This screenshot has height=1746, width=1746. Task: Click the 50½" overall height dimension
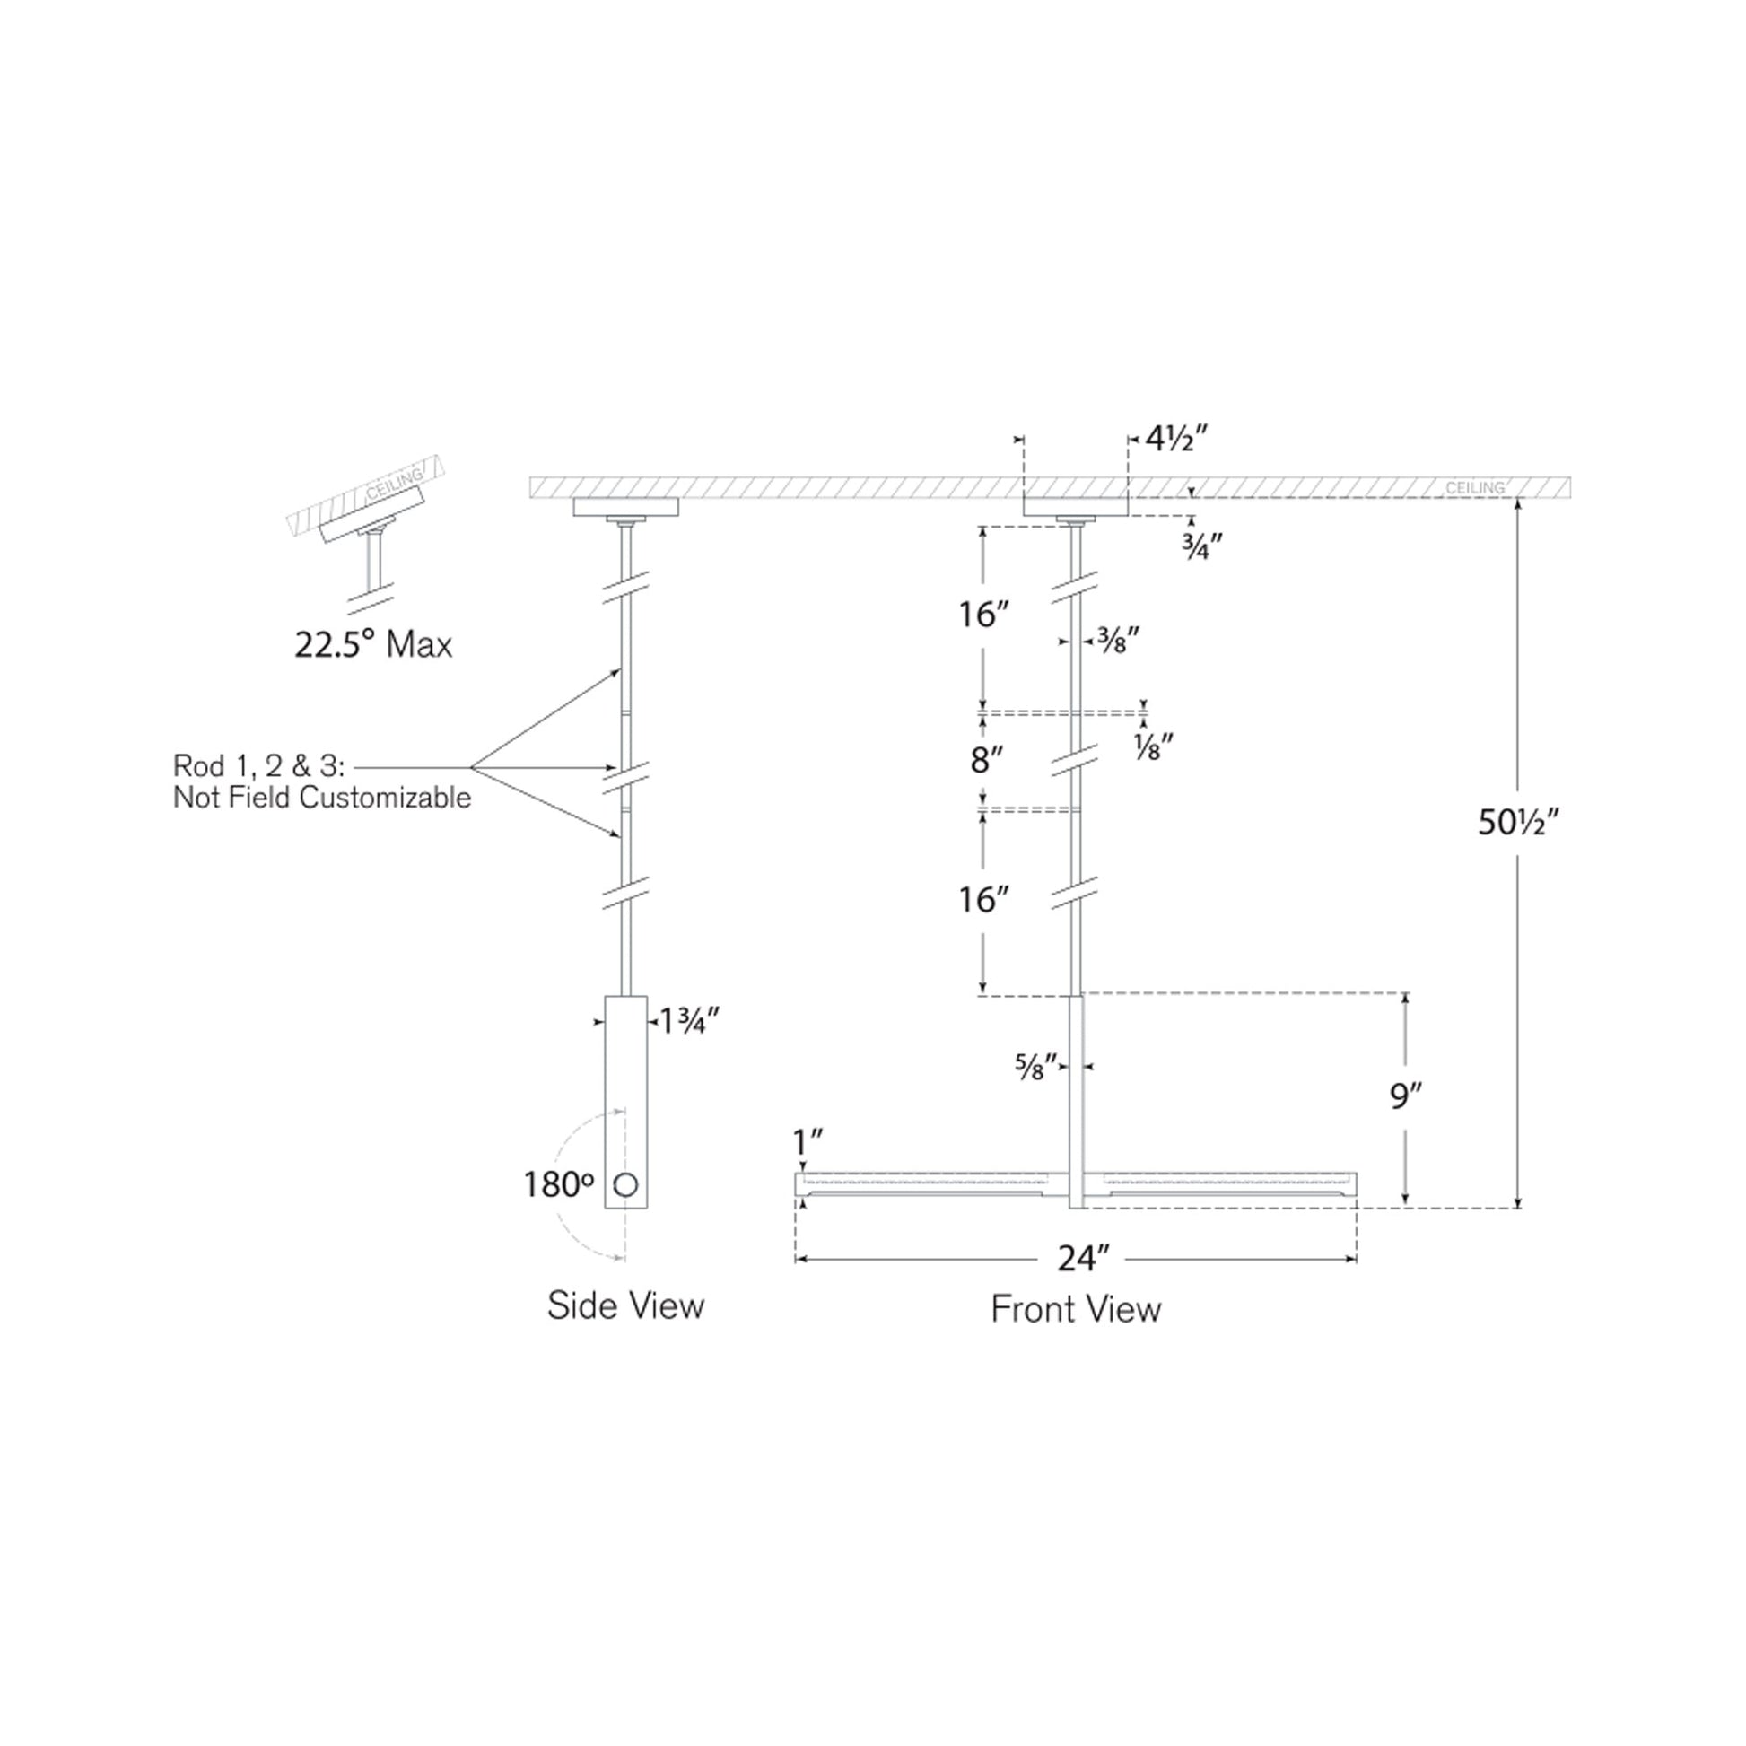point(1519,823)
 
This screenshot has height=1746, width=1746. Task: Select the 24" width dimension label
point(1083,1258)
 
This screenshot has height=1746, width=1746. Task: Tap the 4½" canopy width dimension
point(1175,440)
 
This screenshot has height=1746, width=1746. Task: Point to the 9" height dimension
point(1405,1096)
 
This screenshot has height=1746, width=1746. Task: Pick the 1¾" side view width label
point(689,1021)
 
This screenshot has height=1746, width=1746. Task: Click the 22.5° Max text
point(373,645)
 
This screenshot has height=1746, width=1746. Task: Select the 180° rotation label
point(558,1184)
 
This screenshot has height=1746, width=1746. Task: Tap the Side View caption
point(625,1305)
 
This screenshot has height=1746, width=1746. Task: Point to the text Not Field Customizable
point(322,798)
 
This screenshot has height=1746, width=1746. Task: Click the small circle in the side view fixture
point(625,1184)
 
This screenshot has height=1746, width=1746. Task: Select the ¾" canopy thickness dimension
point(1202,546)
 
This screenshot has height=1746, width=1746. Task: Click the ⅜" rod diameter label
point(1117,642)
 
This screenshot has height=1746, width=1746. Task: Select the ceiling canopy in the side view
point(625,507)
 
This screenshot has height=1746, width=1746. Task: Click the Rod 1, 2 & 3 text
point(258,766)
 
